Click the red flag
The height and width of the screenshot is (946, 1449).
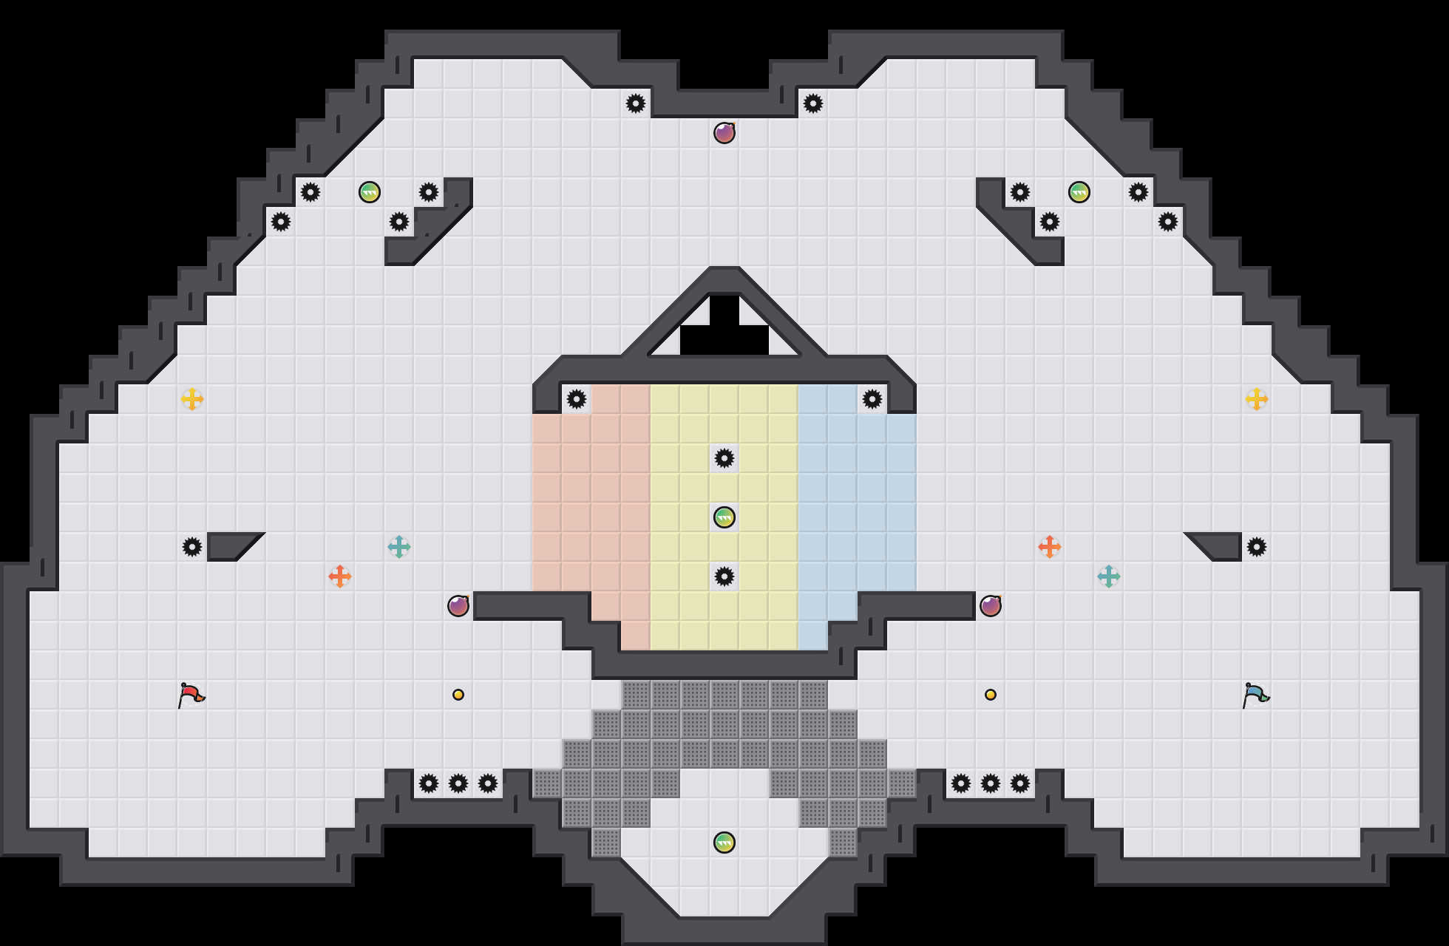coord(191,695)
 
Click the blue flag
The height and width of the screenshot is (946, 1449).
coord(1256,695)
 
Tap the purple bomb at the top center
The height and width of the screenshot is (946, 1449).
coord(724,133)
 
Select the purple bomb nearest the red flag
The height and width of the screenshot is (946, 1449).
coord(458,606)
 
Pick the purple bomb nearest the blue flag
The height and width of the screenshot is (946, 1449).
coord(991,606)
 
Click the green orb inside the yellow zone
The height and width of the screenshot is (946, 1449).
coord(724,517)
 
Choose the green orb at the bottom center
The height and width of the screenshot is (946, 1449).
coord(724,843)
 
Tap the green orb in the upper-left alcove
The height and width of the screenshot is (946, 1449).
coord(370,192)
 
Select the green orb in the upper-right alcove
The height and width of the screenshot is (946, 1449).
coord(1079,192)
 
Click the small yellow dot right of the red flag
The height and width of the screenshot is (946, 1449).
coord(458,695)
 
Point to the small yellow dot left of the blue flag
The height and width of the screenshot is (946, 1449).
coord(991,695)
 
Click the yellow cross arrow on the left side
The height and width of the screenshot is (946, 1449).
coord(192,399)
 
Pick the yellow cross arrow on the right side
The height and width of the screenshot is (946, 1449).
coord(1257,399)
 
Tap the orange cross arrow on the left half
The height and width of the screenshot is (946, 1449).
coord(340,576)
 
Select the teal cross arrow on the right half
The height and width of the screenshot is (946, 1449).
coord(1109,576)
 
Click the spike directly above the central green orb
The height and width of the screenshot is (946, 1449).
coord(724,458)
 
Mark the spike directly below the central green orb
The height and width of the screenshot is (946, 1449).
coord(724,576)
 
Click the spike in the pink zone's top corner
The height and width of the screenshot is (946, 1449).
coord(577,399)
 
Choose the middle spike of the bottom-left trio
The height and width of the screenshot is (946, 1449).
coord(458,783)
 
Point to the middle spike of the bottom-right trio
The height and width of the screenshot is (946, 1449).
coord(991,783)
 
